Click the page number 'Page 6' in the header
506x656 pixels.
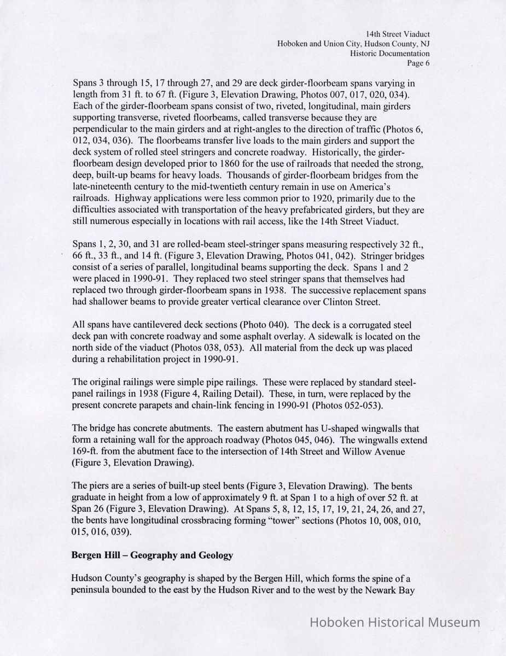(418, 63)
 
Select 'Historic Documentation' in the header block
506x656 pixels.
(390, 54)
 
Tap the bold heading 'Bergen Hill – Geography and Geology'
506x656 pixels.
(152, 555)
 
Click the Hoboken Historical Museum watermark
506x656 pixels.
(395, 622)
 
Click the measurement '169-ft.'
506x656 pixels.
(85, 452)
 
